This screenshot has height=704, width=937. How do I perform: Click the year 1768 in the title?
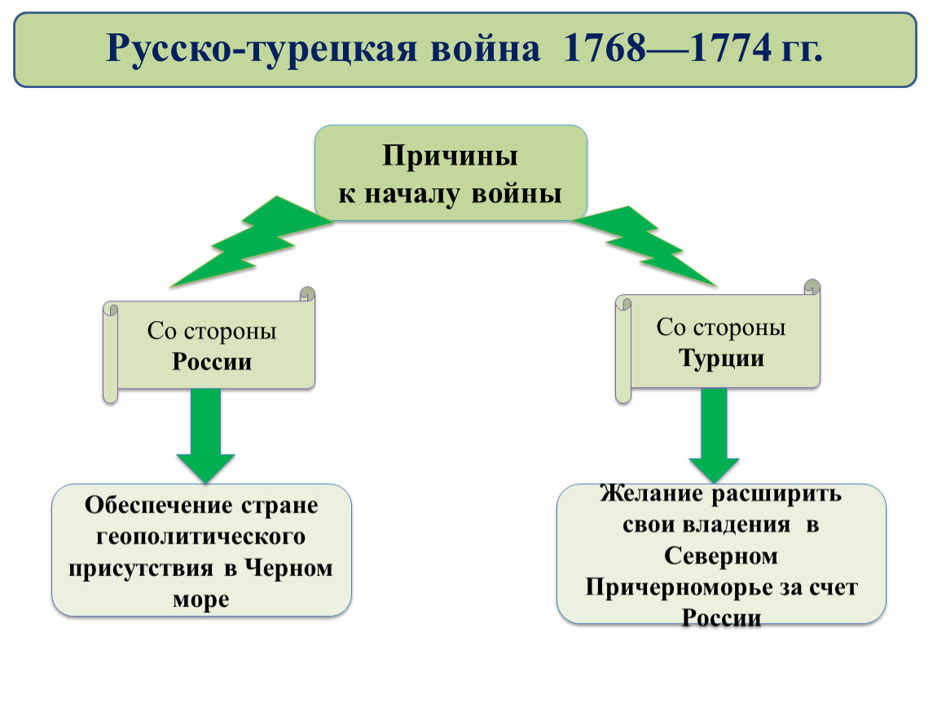pyautogui.click(x=605, y=47)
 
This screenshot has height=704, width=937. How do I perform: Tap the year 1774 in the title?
pyautogui.click(x=730, y=47)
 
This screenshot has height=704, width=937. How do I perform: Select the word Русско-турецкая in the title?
pyautogui.click(x=262, y=49)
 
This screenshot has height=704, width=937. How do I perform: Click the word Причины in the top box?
pyautogui.click(x=450, y=156)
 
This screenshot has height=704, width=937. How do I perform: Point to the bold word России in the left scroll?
pyautogui.click(x=212, y=362)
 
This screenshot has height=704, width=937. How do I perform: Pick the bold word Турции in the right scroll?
pyautogui.click(x=721, y=359)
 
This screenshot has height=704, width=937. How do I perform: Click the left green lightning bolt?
pyautogui.click(x=251, y=242)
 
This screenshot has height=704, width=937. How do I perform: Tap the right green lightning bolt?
pyautogui.click(x=645, y=245)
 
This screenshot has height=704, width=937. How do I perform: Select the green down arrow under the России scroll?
pyautogui.click(x=205, y=435)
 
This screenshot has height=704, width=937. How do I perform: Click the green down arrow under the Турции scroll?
pyautogui.click(x=714, y=435)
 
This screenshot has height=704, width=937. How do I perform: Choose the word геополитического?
pyautogui.click(x=200, y=537)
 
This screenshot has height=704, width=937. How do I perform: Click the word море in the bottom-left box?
pyautogui.click(x=200, y=600)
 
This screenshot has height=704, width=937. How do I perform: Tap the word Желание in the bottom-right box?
pyautogui.click(x=651, y=494)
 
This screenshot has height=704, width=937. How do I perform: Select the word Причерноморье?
pyautogui.click(x=679, y=588)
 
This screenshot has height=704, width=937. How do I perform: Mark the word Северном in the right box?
pyautogui.click(x=721, y=557)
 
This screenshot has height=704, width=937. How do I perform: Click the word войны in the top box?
pyautogui.click(x=517, y=194)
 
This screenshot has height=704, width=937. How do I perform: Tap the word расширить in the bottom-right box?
pyautogui.click(x=776, y=495)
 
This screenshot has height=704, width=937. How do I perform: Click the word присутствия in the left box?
pyautogui.click(x=140, y=569)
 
